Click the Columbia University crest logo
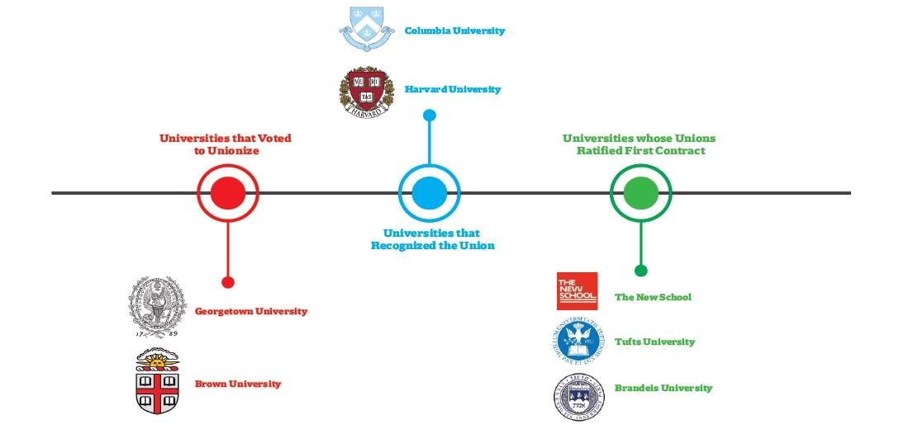[x=366, y=29]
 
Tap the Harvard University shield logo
[x=366, y=92]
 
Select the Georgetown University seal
[x=157, y=308]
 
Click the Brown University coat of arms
[x=157, y=380]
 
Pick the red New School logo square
[x=578, y=291]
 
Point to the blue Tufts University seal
[x=578, y=342]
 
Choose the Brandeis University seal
[x=579, y=396]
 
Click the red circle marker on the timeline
[x=228, y=193]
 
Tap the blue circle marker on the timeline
[x=430, y=193]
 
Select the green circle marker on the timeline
[x=641, y=193]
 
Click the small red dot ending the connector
[x=228, y=282]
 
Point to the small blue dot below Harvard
[x=430, y=115]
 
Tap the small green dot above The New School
[x=641, y=271]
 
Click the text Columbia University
[x=454, y=31]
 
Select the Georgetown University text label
[x=251, y=312]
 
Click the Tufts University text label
[x=654, y=342]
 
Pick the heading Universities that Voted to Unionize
[x=226, y=144]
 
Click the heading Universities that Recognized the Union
[x=432, y=239]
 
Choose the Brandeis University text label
[x=664, y=388]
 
